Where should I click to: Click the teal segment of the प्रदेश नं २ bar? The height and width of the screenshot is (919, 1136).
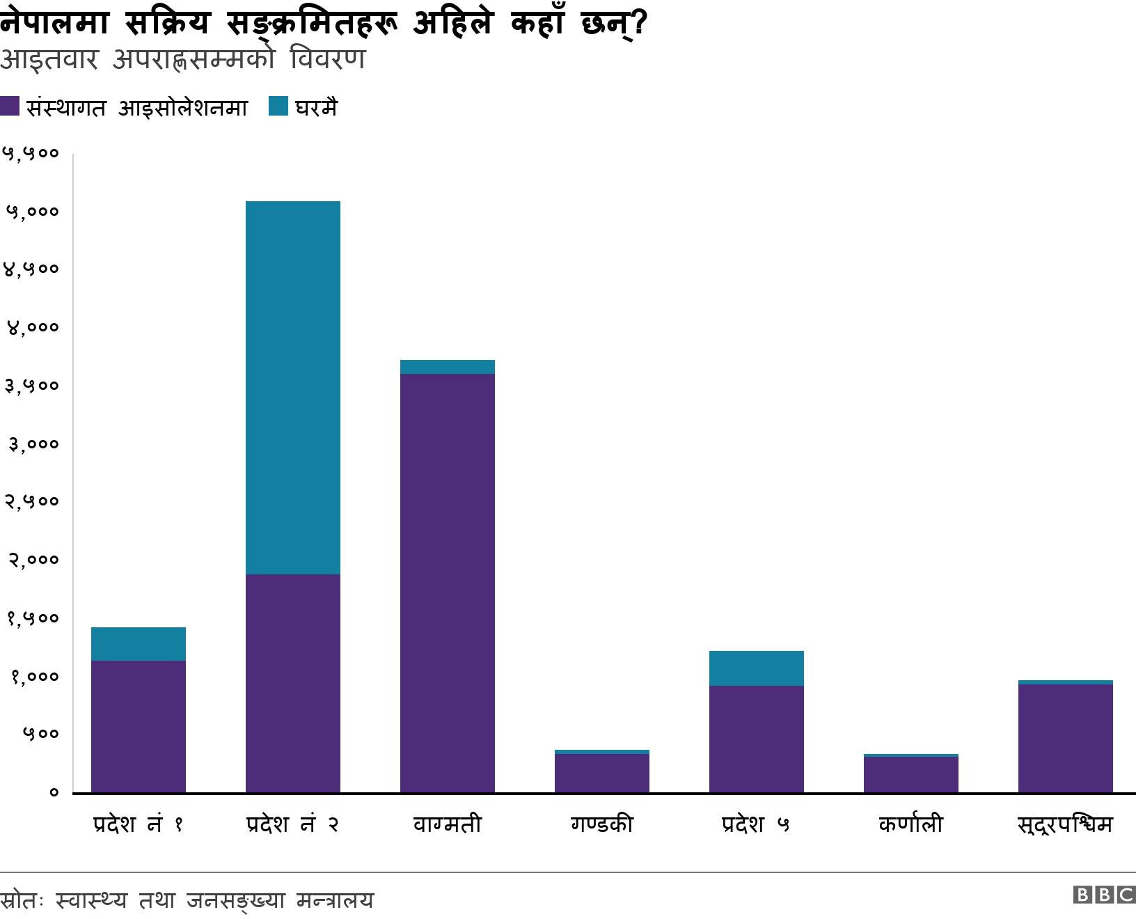pos(292,387)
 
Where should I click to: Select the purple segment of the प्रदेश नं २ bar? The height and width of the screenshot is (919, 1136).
pos(292,682)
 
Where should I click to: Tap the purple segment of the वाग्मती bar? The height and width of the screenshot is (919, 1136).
pos(447,582)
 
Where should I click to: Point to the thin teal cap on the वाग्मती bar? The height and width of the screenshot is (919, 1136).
pos(447,367)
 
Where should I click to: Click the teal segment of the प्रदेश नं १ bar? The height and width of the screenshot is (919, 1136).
pos(138,644)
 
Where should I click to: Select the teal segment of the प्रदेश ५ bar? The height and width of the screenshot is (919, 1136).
pos(756,668)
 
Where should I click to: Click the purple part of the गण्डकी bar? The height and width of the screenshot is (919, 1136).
pos(601,773)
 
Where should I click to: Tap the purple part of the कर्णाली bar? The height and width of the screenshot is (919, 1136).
pos(910,774)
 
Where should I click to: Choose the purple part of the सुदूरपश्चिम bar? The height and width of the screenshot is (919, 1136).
pos(1065,738)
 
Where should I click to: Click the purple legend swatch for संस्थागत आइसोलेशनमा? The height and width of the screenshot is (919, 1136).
pos(10,107)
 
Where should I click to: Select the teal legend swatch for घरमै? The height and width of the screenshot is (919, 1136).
pos(278,107)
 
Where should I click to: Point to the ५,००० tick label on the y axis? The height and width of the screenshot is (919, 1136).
pos(32,211)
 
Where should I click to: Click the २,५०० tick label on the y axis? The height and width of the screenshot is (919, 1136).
pos(32,501)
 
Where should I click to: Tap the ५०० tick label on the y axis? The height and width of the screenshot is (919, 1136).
pos(40,734)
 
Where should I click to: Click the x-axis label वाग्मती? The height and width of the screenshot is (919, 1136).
pos(447,825)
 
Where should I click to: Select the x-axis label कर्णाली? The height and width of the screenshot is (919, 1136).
pos(910,825)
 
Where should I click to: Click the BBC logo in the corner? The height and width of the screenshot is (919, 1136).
pos(1104,895)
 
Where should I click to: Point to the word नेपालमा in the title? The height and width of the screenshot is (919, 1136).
pos(54,23)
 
